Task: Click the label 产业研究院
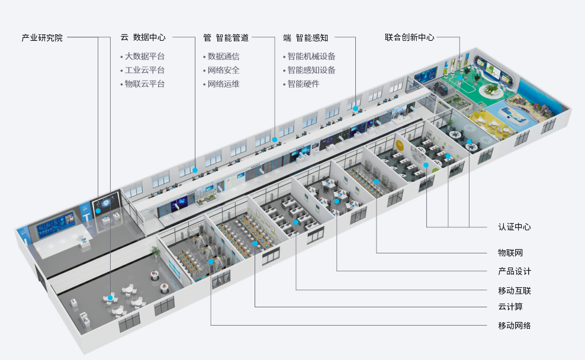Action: coord(41,37)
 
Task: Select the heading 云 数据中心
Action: coord(143,37)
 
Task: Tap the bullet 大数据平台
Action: coord(144,57)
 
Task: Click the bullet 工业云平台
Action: coord(144,70)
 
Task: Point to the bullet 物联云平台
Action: coord(144,84)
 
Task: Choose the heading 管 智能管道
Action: coord(226,37)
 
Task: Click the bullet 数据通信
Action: coord(223,57)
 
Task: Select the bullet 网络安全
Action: coord(223,70)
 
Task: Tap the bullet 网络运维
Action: coord(223,84)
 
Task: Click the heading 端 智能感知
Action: coord(305,37)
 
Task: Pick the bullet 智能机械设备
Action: coord(311,57)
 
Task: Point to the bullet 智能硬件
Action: coord(303,84)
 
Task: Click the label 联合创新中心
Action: coord(409,37)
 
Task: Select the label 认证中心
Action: coord(514,227)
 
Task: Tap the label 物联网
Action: coord(510,253)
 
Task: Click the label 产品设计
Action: coord(514,272)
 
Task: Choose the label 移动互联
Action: coord(514,291)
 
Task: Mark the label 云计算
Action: coord(510,307)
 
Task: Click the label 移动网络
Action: coord(514,326)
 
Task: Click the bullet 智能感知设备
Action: coord(311,70)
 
